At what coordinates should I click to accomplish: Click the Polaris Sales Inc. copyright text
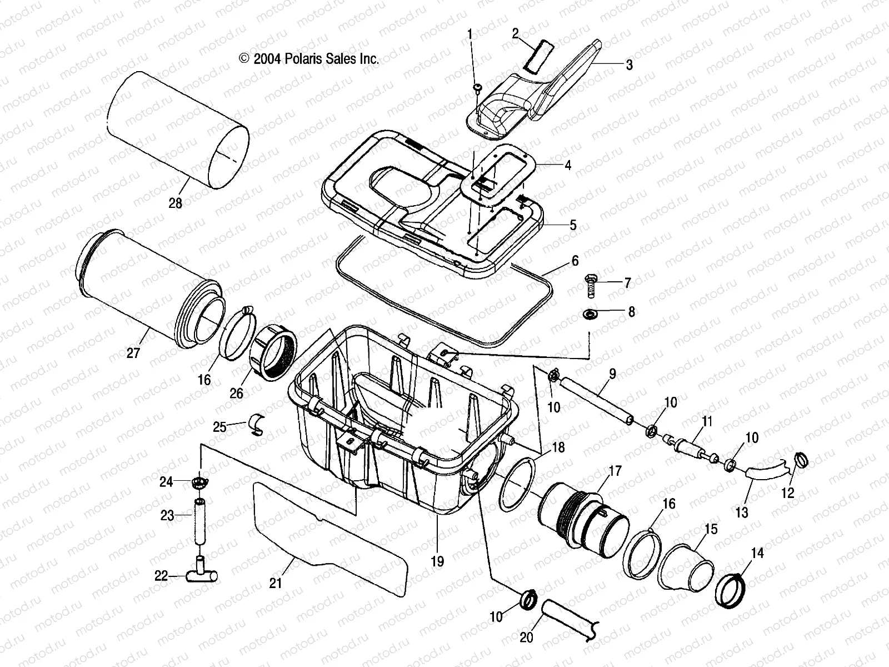(309, 59)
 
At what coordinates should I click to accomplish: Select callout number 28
(175, 204)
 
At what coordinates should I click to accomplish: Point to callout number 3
(629, 65)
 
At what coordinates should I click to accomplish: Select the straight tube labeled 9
(595, 400)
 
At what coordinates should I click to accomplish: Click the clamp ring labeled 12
(801, 460)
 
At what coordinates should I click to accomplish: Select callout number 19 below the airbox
(437, 561)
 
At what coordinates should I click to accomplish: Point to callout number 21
(276, 583)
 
